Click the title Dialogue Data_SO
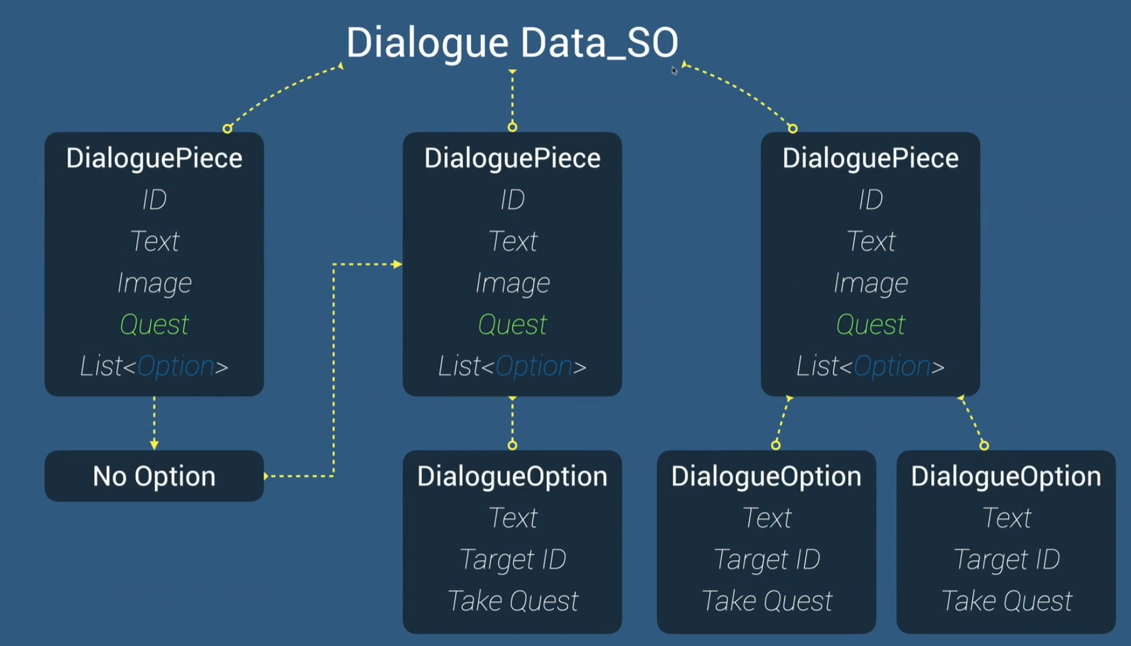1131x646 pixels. tap(512, 43)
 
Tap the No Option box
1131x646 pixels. tap(154, 476)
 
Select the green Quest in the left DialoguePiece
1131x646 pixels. tap(154, 325)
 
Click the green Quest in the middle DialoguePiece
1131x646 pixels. tap(512, 325)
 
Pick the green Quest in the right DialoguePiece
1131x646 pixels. tap(870, 325)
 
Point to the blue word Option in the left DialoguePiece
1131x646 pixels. tap(175, 366)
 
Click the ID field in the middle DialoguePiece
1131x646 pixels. tap(512, 200)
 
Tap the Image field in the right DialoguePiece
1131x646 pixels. tap(870, 283)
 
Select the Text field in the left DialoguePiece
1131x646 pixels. tap(154, 241)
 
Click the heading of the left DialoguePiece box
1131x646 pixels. tap(154, 158)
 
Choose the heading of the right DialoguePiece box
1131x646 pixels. tap(870, 158)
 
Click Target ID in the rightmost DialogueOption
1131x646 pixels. tap(1006, 559)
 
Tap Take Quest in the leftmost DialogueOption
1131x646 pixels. tap(512, 601)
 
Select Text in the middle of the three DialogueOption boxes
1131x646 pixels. tap(766, 518)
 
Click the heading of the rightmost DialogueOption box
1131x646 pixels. tap(1006, 476)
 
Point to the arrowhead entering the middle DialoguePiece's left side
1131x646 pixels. tap(397, 264)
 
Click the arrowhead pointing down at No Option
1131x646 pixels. tap(154, 444)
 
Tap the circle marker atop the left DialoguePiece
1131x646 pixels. tap(227, 129)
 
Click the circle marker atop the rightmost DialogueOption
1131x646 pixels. tap(984, 445)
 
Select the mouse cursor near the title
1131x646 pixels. tap(674, 70)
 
